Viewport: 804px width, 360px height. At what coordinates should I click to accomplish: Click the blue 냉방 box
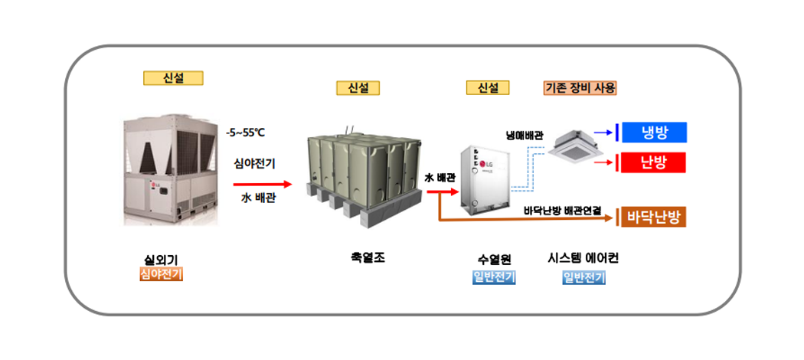[x=655, y=133]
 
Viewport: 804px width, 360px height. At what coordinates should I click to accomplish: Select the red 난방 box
[x=653, y=162]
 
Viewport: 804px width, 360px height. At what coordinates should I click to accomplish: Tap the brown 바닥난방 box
[x=653, y=217]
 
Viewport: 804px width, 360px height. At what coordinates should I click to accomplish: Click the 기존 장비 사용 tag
[x=580, y=87]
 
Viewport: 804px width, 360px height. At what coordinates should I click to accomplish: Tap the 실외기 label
[x=161, y=260]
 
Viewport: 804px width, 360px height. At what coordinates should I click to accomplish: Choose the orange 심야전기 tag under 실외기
[x=161, y=274]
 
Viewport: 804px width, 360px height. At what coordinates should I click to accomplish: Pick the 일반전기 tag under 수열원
[x=494, y=277]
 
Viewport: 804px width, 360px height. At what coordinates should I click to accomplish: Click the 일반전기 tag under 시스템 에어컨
[x=583, y=277]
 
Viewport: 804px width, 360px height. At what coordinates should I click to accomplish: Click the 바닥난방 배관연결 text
[x=563, y=209]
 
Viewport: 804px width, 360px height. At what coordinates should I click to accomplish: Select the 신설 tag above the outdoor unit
[x=173, y=77]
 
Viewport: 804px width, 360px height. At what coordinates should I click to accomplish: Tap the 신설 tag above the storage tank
[x=358, y=88]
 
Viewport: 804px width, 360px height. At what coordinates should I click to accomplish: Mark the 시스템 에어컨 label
[x=583, y=259]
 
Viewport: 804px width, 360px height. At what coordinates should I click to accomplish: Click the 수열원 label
[x=494, y=260]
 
